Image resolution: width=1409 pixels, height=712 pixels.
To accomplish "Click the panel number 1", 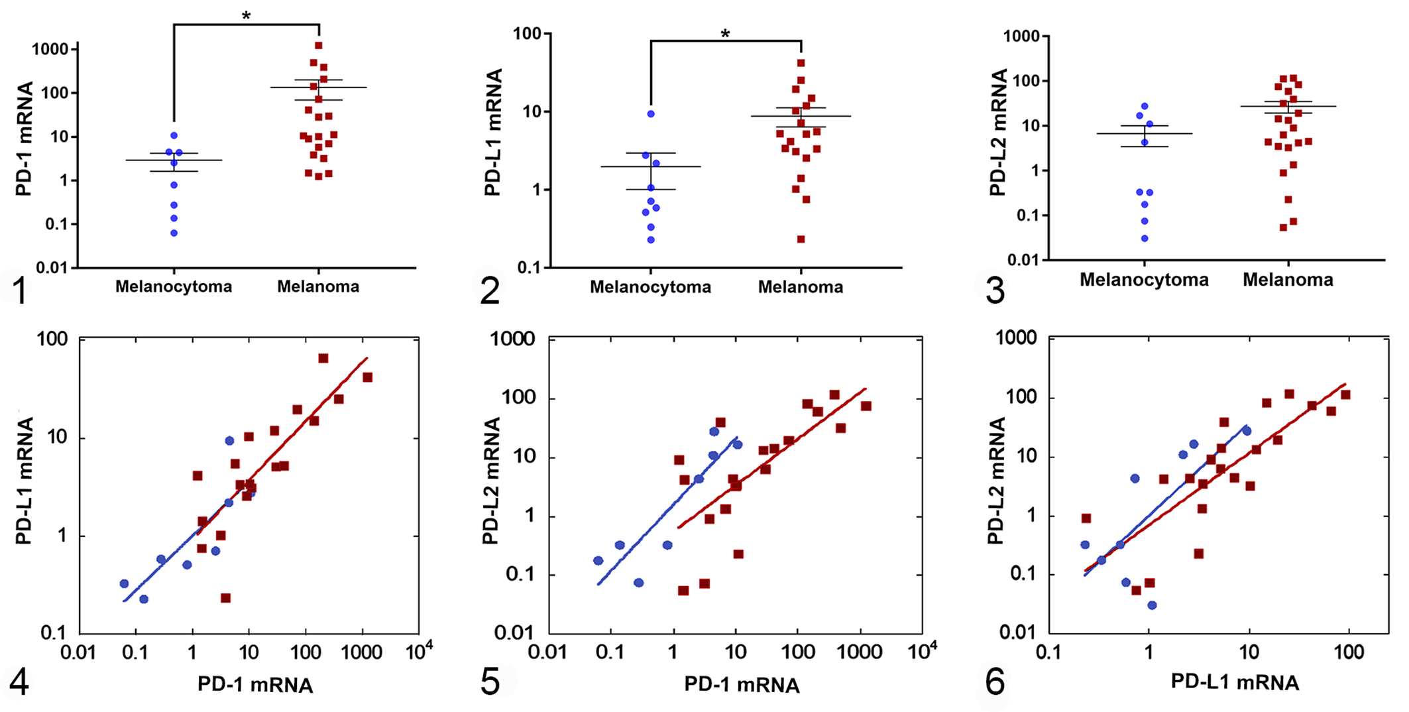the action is click(21, 290).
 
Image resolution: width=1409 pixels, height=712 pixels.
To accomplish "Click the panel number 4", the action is click(19, 682).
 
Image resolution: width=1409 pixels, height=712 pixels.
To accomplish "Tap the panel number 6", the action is click(995, 682).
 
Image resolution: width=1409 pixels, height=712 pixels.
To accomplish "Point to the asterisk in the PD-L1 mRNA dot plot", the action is click(725, 34).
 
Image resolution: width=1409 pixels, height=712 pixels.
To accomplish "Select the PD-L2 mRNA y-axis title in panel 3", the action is click(997, 133).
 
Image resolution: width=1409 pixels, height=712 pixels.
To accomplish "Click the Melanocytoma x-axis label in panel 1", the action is click(174, 286).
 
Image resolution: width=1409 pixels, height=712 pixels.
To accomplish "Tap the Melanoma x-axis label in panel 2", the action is click(801, 287).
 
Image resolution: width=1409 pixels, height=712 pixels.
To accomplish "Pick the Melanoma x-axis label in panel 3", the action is click(1288, 280).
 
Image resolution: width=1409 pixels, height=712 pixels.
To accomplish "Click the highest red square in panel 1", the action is click(319, 46).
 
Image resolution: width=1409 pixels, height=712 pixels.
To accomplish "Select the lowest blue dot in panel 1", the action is click(174, 233).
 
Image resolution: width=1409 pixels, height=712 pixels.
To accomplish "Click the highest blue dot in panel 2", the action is click(651, 114).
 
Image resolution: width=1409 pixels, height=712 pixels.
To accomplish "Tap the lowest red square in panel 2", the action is click(801, 239).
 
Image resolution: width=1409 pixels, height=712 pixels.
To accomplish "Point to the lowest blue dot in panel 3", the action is click(1145, 239).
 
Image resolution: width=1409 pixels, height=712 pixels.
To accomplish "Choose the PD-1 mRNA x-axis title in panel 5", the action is click(742, 685).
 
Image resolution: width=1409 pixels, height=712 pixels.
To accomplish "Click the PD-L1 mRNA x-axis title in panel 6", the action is click(1235, 682).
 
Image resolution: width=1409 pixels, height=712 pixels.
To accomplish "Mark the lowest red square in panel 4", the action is click(225, 598).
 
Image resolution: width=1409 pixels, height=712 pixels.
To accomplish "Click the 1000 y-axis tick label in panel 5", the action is click(512, 339).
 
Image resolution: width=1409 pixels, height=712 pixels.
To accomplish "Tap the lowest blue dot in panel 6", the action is click(1152, 605).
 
